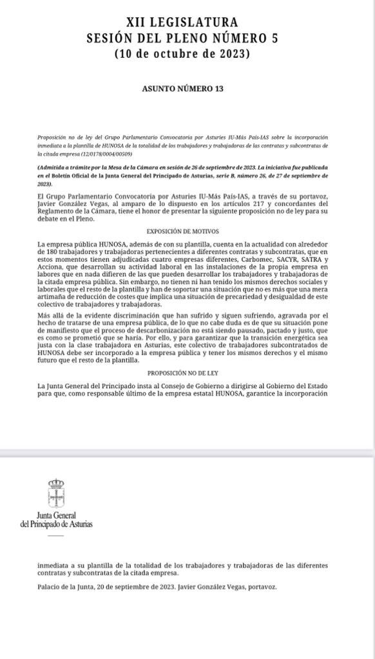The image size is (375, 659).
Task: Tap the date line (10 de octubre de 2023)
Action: click(x=183, y=54)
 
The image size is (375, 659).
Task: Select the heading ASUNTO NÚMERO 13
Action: click(x=183, y=89)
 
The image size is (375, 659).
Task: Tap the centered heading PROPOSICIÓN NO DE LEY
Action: click(x=182, y=373)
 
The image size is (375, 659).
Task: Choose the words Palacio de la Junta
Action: click(x=64, y=587)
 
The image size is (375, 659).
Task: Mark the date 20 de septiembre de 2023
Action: click(x=134, y=587)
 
